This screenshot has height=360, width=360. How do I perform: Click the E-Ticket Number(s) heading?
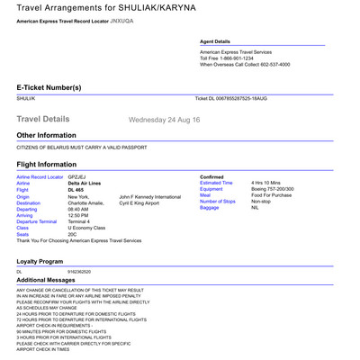(49, 87)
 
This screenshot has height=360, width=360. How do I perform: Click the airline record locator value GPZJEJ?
(76, 177)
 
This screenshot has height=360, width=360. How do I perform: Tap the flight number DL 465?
(75, 190)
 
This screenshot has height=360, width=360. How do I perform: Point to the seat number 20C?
(73, 234)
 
